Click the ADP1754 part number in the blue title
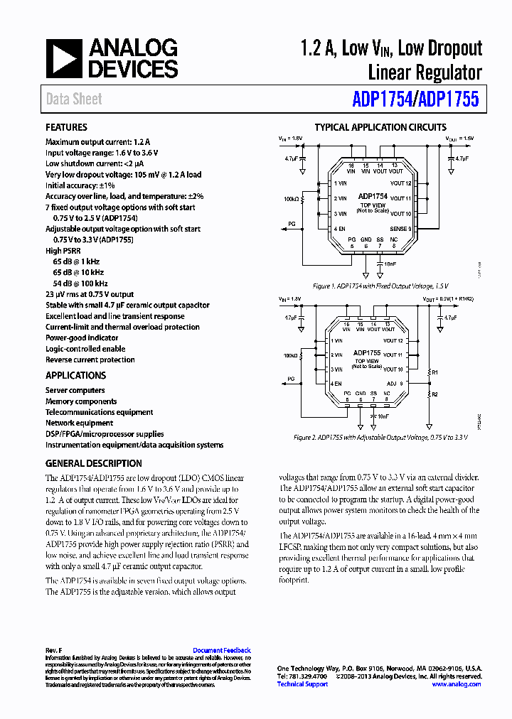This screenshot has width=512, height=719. [x=382, y=100]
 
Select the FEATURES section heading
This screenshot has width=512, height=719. [x=66, y=127]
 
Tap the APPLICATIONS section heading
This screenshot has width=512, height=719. [x=75, y=375]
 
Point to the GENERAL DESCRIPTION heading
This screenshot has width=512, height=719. [x=93, y=463]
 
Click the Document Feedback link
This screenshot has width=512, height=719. [x=222, y=650]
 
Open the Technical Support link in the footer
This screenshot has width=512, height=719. [x=302, y=684]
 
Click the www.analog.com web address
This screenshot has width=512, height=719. [x=457, y=684]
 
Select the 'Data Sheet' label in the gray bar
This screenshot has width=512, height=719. [x=74, y=99]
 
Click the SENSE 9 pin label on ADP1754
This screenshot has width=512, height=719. [x=400, y=229]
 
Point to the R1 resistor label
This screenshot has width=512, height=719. [x=436, y=372]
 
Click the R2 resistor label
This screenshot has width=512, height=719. [x=436, y=394]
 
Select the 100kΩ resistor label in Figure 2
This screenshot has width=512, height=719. [x=290, y=355]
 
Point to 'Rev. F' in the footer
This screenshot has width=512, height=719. [x=54, y=650]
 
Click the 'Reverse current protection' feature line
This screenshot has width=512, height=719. [x=90, y=359]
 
